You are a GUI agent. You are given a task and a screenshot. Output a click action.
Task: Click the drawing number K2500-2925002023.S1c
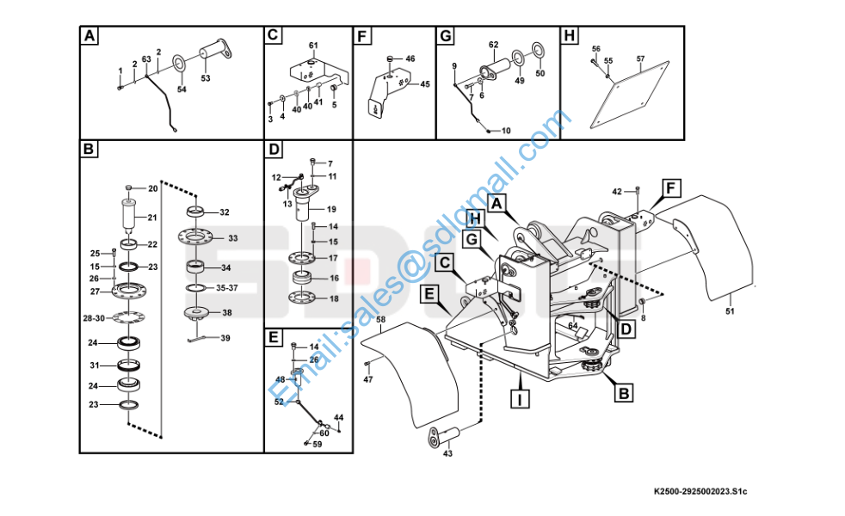[700, 490]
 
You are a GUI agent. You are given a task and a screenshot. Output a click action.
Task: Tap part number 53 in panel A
[205, 78]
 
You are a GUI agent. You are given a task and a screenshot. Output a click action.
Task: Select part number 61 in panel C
[313, 45]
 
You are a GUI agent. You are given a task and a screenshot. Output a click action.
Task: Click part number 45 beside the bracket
[424, 84]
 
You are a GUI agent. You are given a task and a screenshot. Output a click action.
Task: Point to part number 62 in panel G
[493, 45]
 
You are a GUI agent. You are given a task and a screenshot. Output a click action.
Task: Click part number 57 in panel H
[640, 58]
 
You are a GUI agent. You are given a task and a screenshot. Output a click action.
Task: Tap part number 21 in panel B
[152, 217]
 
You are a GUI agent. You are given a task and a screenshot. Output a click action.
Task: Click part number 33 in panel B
[232, 238]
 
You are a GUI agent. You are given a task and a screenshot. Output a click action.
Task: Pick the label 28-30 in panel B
[94, 319]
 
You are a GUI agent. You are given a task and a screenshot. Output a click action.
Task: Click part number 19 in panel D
[330, 209]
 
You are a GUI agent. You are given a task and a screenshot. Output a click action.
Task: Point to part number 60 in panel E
[324, 433]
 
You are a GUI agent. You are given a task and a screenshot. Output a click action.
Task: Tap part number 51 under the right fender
[731, 310]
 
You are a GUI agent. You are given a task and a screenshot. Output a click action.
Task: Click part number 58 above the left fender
[380, 319]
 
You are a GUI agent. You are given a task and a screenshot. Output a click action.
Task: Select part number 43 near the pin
[447, 454]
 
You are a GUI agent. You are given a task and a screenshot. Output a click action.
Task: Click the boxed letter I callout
[519, 399]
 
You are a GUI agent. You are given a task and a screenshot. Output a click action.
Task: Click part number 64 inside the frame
[572, 325]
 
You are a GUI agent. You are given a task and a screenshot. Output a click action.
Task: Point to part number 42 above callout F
[616, 191]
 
